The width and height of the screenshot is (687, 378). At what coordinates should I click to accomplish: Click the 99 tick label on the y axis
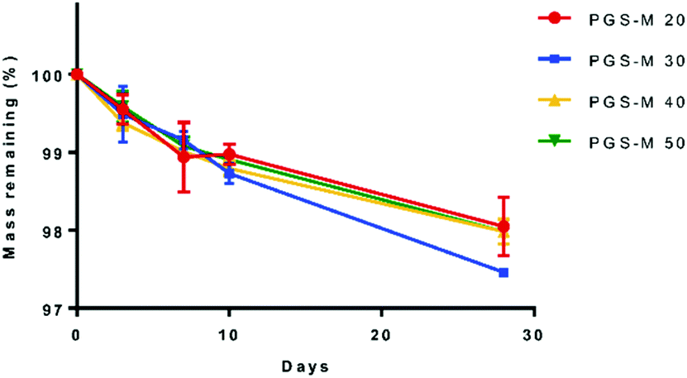(55, 153)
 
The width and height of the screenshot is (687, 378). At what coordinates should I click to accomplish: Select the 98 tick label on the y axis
(55, 231)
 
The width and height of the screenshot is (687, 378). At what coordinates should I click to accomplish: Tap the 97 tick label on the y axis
(55, 309)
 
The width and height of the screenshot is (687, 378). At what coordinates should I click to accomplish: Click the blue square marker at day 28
(503, 272)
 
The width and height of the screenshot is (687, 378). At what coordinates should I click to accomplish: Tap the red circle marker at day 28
(503, 226)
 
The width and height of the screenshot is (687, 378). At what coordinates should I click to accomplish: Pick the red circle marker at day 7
(184, 156)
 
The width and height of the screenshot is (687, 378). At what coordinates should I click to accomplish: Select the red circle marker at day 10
(229, 155)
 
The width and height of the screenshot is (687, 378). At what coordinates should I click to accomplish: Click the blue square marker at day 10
(229, 175)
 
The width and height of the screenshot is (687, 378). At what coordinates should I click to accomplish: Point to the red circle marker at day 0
(77, 74)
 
